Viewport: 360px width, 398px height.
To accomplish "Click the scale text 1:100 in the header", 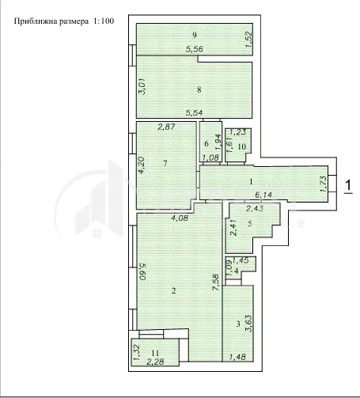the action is pos(104,21).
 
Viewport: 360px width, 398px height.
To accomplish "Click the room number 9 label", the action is pos(195,35).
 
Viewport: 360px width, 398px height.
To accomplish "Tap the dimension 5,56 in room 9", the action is pos(195,49).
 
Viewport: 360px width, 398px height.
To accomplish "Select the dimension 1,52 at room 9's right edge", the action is pos(248,40).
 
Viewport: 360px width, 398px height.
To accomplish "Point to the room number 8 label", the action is pos(199,89).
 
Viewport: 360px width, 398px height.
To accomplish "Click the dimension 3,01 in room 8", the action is pos(142,88).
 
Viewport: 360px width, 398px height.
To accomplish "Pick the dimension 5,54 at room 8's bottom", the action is pos(195,112).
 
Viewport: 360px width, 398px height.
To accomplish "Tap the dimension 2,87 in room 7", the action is pos(166,127).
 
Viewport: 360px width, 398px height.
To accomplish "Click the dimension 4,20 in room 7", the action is pos(142,165).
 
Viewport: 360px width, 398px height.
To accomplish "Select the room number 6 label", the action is pos(207,143).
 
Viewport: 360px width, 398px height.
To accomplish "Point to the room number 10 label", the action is pos(242,146).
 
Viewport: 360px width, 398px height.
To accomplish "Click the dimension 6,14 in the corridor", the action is pos(263,195).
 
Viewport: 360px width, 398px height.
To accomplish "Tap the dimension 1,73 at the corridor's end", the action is pos(324,184).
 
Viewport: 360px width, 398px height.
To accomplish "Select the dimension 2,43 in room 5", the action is pos(255,209).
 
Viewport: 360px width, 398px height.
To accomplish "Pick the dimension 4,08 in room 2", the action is pos(180,218).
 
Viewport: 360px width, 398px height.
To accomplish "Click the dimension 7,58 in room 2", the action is pos(216,282).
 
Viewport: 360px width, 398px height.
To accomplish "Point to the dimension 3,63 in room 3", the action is pos(248,323).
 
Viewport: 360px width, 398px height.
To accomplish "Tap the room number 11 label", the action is pos(156,353).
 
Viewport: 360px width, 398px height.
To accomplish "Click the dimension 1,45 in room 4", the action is pos(241,260).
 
